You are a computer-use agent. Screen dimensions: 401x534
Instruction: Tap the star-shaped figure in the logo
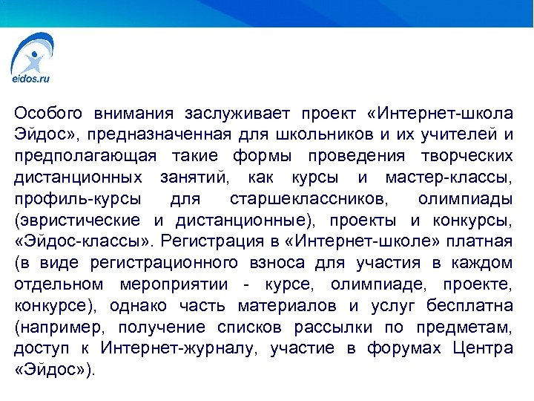pos(31,57)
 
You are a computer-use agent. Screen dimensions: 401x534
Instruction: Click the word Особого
pos(47,114)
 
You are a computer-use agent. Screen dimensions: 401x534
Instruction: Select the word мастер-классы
pos(449,177)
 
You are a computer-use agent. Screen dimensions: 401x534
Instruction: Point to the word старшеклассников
pos(306,199)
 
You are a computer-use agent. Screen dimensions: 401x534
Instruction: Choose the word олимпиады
pos(464,199)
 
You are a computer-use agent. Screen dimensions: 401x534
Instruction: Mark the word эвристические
pos(80,221)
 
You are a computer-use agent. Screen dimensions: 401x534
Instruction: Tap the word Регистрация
pos(211,241)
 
